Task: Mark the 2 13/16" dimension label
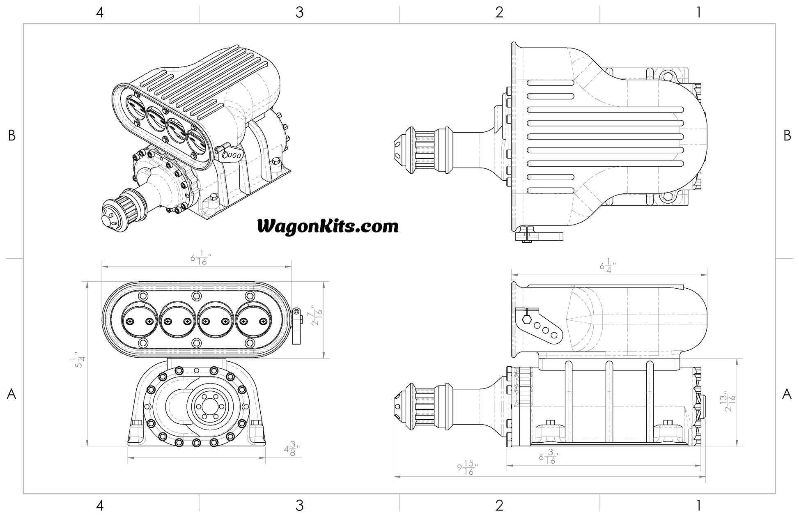[x=729, y=402]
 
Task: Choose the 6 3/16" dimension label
[x=549, y=457]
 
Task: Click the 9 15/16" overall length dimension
[x=467, y=468]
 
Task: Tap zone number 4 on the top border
[x=100, y=12]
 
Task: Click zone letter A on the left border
[x=11, y=394]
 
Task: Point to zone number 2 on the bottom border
[x=499, y=505]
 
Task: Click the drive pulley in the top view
[x=423, y=149]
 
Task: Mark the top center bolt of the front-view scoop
[x=196, y=295]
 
